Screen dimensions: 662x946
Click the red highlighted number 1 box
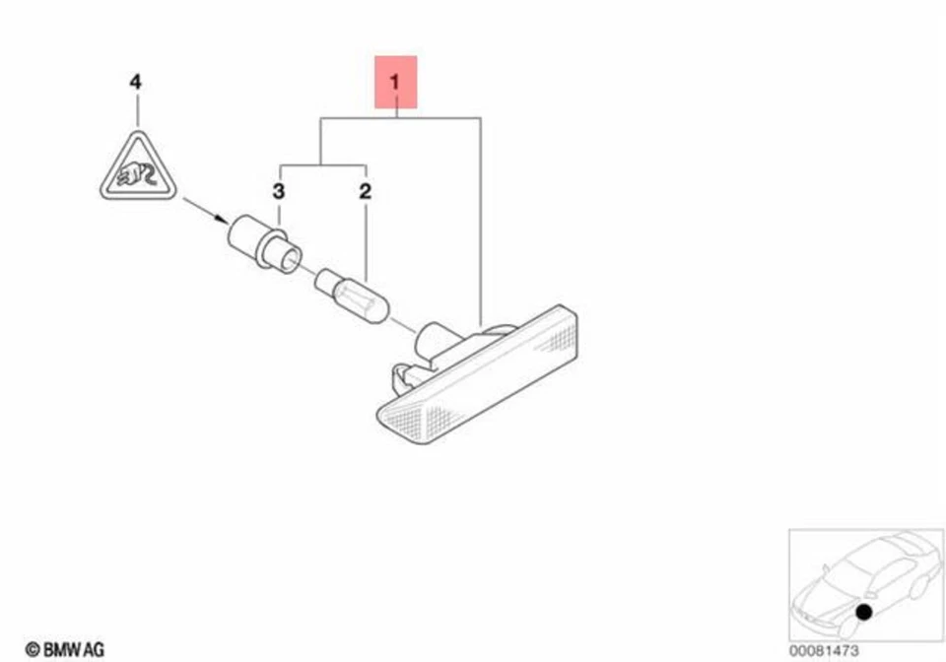tap(396, 83)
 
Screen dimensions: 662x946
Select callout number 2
tap(364, 191)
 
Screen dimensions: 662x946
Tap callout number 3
tap(279, 191)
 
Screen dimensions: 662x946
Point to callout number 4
tap(136, 82)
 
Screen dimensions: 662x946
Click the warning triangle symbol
tap(136, 170)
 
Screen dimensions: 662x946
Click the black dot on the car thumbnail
tap(863, 613)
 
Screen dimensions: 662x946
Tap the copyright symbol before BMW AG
tap(32, 649)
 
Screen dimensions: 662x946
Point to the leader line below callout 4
tap(136, 110)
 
